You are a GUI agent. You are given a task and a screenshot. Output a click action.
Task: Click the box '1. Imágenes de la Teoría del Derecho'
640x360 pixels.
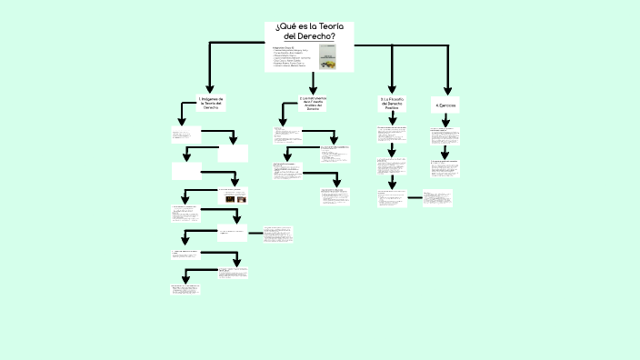tap(211, 103)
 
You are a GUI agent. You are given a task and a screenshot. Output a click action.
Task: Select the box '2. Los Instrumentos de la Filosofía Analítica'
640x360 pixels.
tap(313, 103)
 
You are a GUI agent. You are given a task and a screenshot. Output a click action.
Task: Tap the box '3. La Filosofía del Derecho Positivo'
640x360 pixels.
tap(392, 103)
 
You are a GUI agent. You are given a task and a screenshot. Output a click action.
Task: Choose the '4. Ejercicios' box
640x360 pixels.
tap(445, 105)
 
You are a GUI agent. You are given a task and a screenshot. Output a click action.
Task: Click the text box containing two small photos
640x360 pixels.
tap(232, 195)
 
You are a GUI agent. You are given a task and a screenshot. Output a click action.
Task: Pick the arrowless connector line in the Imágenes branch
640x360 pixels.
tap(255, 234)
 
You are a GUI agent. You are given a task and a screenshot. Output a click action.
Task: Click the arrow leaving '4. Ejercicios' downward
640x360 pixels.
tap(445, 120)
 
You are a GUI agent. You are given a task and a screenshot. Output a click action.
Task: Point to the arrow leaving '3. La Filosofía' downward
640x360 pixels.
tap(392, 119)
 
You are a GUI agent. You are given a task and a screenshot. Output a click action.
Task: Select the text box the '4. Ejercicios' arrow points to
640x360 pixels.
tap(445, 135)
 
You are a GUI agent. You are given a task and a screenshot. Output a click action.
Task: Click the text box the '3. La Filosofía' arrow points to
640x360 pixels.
tap(392, 134)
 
